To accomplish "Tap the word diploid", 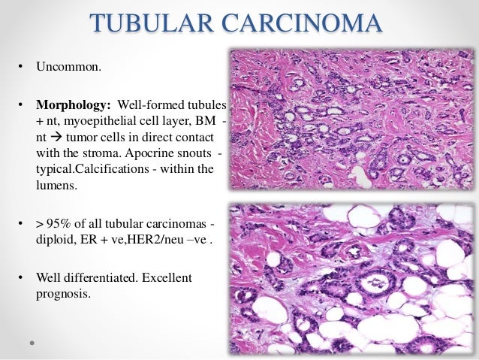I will click(55, 241).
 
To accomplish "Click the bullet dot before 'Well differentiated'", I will click(22, 278).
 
